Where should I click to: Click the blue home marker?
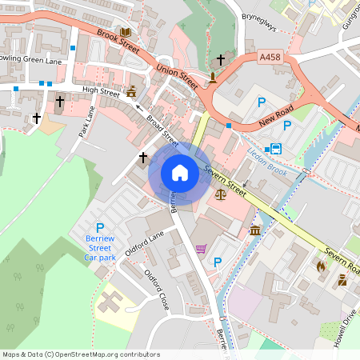(x=180, y=172)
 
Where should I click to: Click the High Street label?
(x=101, y=91)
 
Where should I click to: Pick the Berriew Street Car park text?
(x=101, y=247)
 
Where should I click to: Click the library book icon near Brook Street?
(x=125, y=33)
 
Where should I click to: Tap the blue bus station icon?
(x=276, y=149)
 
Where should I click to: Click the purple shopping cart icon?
(x=200, y=249)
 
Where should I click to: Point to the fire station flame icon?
(x=322, y=265)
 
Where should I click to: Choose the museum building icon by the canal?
(x=254, y=230)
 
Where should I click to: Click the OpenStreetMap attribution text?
(x=81, y=354)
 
